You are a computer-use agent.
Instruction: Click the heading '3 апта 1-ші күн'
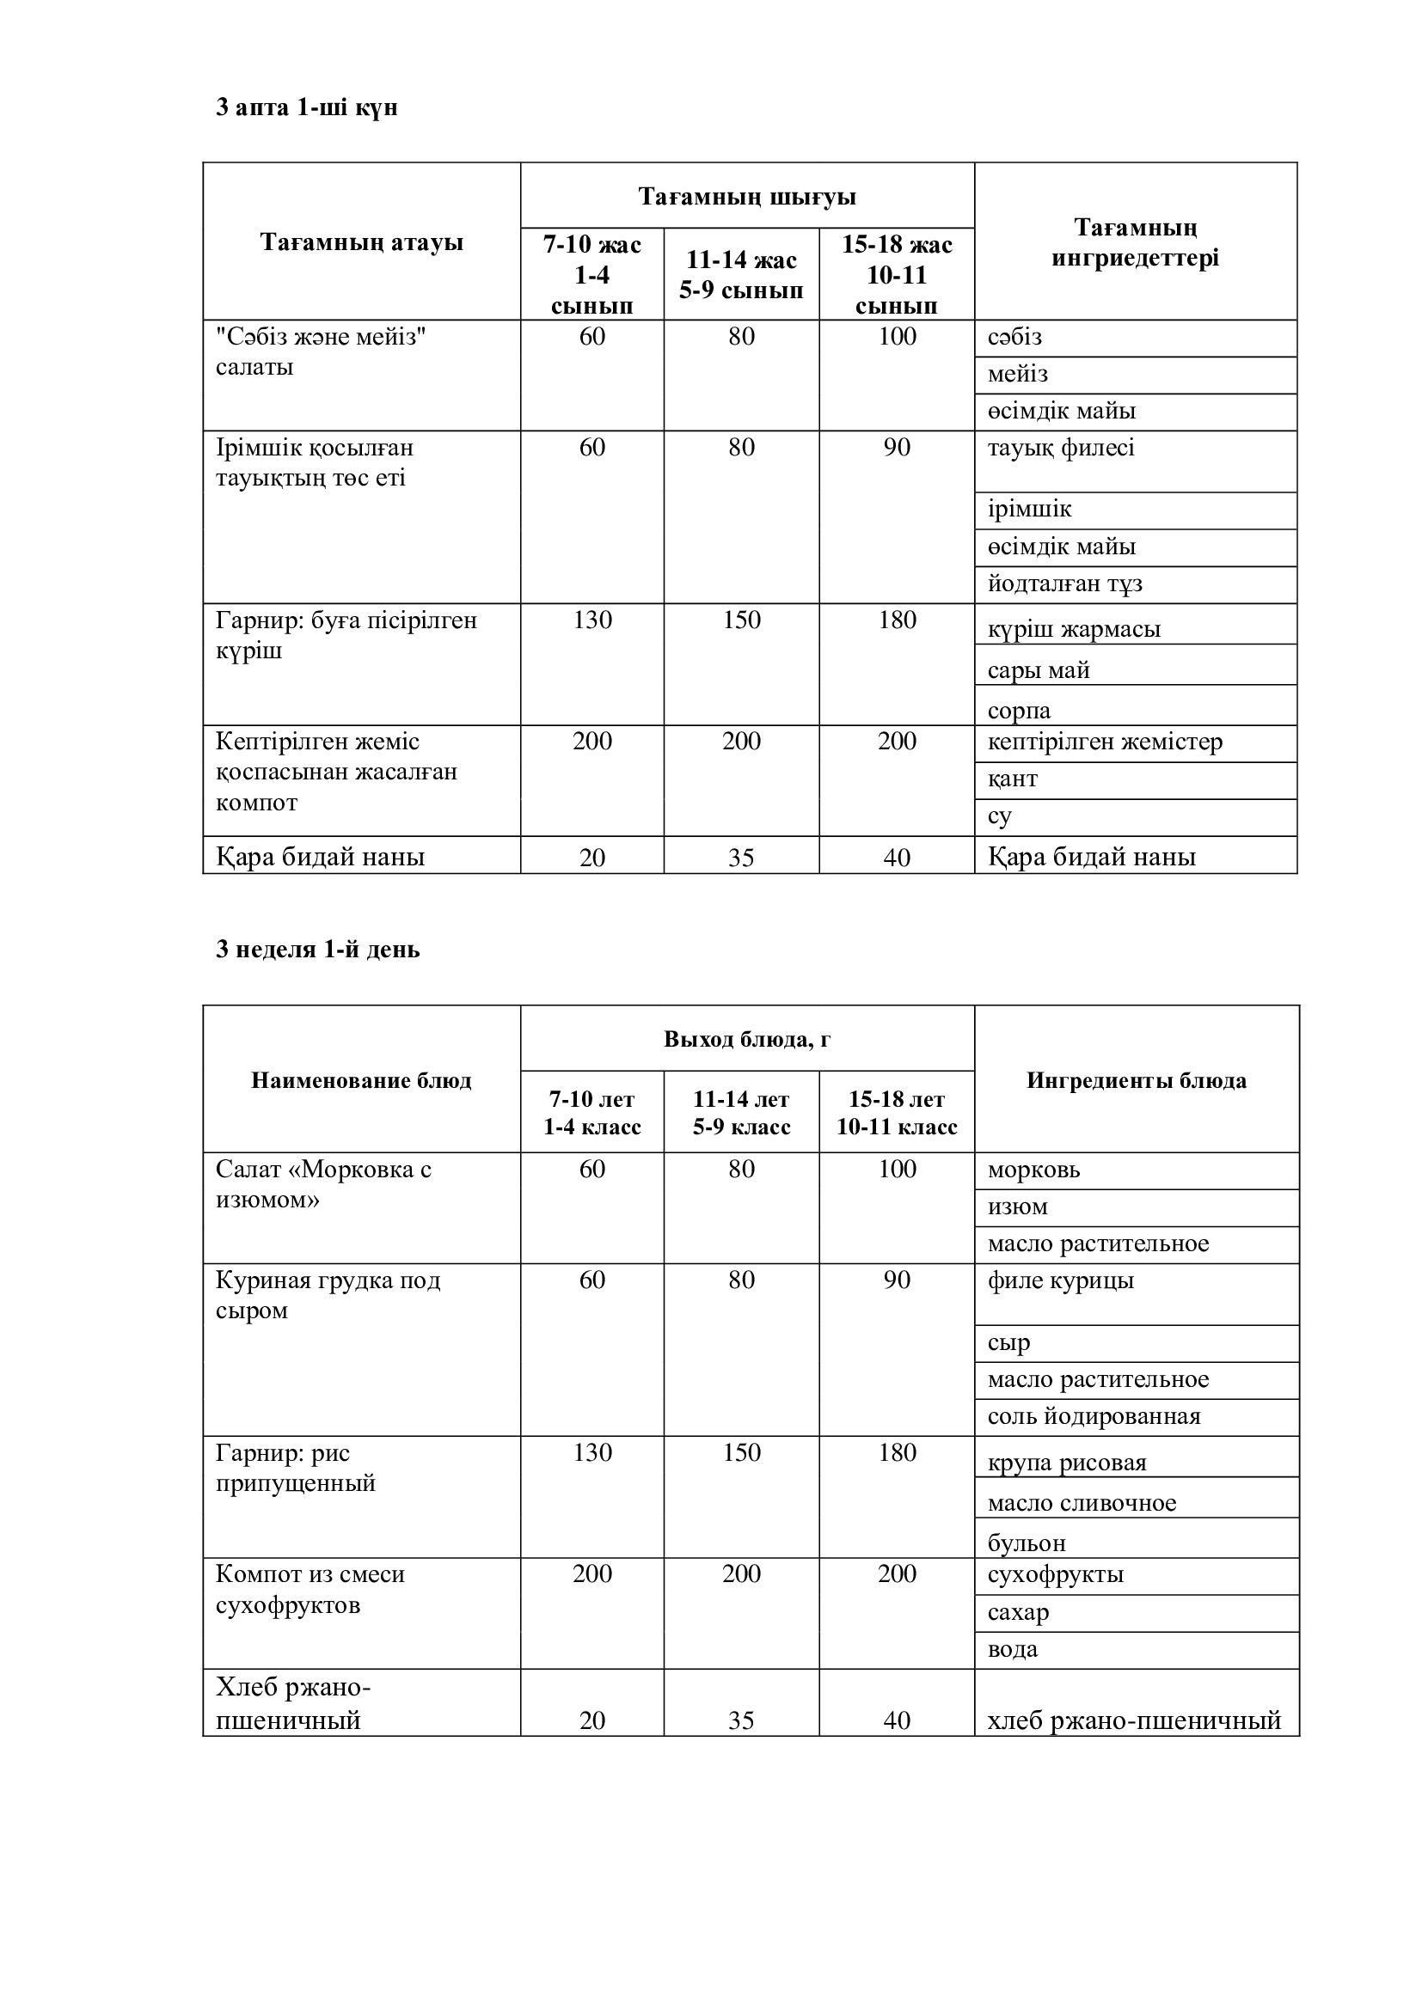pos(306,107)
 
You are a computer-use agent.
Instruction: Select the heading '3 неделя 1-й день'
pos(318,949)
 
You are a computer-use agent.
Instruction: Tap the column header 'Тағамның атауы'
pos(361,241)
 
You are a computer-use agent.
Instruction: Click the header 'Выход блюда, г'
pos(747,1039)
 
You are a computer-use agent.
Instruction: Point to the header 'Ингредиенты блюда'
pos(1136,1080)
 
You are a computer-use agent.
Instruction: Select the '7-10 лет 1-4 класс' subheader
pos(591,1113)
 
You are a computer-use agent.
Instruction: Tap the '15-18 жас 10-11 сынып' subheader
pos(897,275)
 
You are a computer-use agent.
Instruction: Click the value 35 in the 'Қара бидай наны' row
pos(741,857)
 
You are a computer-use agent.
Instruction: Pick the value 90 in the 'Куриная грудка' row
pos(897,1280)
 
